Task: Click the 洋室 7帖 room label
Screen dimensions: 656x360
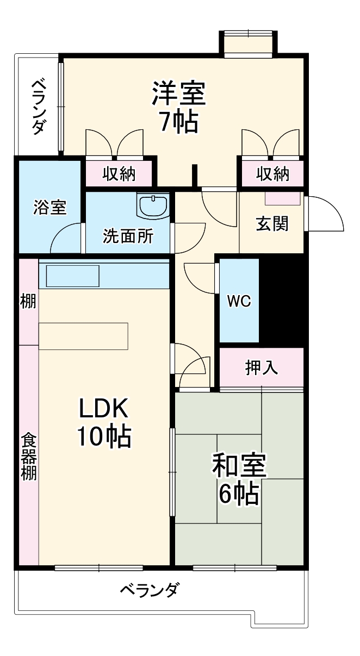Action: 178,107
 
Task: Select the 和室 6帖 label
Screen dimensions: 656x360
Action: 238,479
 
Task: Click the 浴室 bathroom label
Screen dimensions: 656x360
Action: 49,207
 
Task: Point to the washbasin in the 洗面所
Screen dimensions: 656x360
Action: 154,205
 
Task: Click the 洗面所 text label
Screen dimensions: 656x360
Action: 128,236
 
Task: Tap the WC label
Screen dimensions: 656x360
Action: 239,301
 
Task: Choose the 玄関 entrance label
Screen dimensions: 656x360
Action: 272,223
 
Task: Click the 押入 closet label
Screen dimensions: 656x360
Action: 262,368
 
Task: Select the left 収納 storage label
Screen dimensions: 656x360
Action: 119,174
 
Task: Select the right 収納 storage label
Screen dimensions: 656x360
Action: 273,174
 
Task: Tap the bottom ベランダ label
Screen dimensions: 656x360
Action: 148,590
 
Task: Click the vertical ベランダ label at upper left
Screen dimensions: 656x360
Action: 38,105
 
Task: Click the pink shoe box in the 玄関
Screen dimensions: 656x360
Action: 282,198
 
